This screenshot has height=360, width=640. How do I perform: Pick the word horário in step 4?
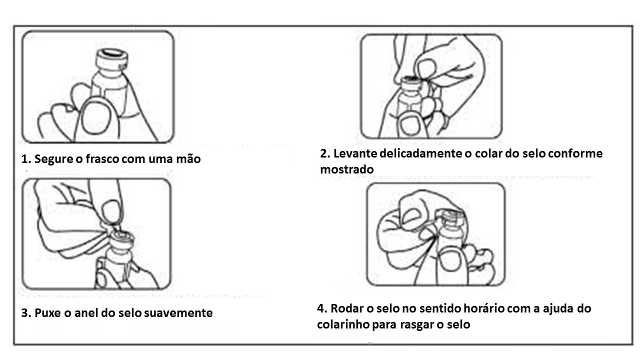(482, 308)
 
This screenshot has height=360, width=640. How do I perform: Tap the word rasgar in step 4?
(416, 324)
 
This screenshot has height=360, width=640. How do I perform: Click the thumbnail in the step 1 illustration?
(95, 118)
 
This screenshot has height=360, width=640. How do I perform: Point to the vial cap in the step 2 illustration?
(411, 81)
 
